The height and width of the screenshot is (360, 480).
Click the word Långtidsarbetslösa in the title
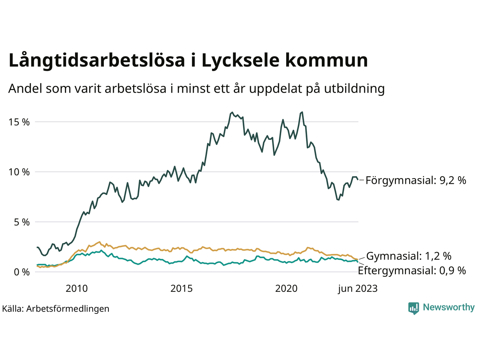pos(96,61)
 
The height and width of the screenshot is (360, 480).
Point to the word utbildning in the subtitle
pos(354,88)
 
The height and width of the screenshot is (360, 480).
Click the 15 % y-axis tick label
pos(19,122)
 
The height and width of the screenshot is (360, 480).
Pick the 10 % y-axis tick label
pos(19,172)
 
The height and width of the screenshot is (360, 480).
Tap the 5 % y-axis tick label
pos(21,222)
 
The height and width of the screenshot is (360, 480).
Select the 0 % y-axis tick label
pos(21,272)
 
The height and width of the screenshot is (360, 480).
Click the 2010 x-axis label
pos(76,288)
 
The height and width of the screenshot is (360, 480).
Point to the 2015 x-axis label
pos(181,288)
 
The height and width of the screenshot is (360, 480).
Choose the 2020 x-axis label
pos(286,288)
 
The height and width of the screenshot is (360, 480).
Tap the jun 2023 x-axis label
pos(357,288)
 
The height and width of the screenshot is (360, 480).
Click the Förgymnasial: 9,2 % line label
pos(416,180)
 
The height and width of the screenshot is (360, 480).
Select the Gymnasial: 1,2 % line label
pos(409,256)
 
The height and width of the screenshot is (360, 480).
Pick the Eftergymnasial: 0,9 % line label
pos(412,270)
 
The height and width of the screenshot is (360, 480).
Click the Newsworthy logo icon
pos(414,308)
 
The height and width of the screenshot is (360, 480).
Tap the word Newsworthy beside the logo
pos(448,307)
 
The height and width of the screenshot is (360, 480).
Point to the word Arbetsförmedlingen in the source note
pos(68,309)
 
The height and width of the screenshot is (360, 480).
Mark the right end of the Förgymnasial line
pos(358,179)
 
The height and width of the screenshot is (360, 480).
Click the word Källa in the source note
pos(12,309)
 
